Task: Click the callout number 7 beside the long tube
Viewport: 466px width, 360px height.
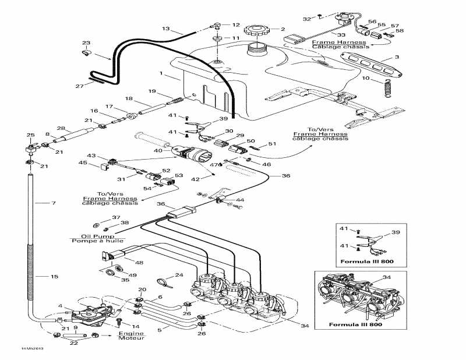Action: [x=54, y=203]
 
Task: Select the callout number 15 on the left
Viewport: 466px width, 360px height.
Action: [x=55, y=276]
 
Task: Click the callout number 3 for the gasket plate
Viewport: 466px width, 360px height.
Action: [x=397, y=57]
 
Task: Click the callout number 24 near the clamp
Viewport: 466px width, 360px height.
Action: [x=179, y=275]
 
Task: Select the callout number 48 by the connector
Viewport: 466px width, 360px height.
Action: [x=139, y=263]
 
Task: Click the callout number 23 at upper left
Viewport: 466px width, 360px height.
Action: [x=86, y=43]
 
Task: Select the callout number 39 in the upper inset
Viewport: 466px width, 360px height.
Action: [x=397, y=232]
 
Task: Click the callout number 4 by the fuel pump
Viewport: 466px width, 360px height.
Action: [x=60, y=306]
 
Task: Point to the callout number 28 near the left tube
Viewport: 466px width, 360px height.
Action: [x=60, y=128]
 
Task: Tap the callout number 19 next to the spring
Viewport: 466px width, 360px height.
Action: [x=151, y=91]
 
